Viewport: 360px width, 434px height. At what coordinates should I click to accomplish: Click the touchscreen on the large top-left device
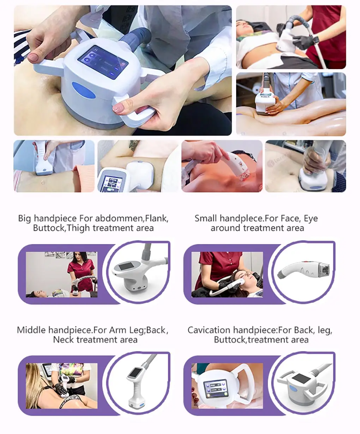(x=102, y=62)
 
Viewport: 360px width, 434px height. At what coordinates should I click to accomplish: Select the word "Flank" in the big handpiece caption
(x=156, y=218)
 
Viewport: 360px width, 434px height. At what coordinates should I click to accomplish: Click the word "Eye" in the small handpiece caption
(x=311, y=218)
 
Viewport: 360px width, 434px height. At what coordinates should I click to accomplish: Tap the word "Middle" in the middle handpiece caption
(x=31, y=330)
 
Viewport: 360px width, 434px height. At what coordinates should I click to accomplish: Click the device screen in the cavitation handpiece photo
(x=215, y=386)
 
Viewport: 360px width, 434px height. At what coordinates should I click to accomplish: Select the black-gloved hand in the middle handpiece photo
(x=62, y=390)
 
